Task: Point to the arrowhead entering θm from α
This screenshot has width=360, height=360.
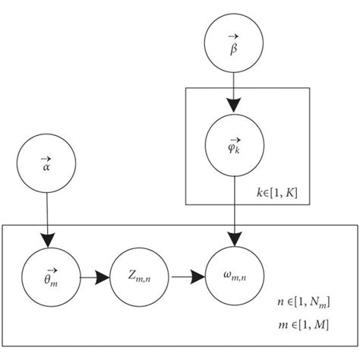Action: pyautogui.click(x=47, y=241)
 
